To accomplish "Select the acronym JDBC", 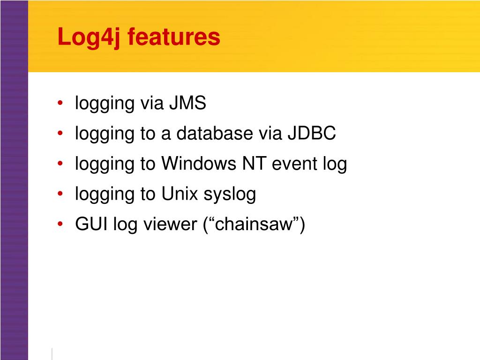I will click(312, 134).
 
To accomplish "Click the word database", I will click(214, 134).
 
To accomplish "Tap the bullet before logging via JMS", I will click(62, 104).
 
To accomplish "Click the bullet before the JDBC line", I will click(62, 134).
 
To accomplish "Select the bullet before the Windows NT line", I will click(62, 164).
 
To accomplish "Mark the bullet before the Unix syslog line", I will click(62, 195).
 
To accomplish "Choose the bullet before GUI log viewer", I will click(62, 225).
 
